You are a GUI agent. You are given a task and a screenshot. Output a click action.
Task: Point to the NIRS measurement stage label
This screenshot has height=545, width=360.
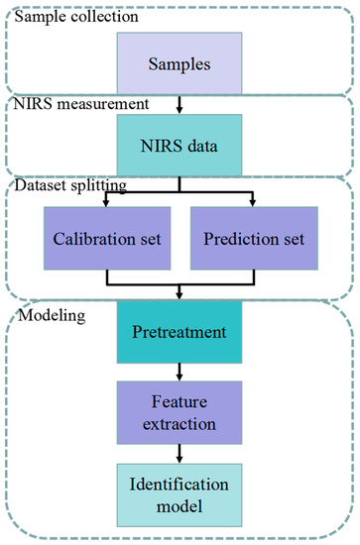80,102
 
